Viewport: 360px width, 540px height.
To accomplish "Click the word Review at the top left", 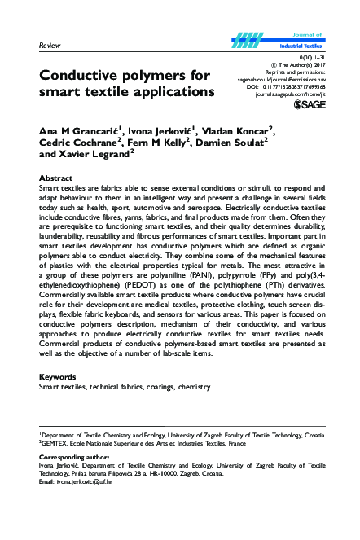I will [x=50, y=46].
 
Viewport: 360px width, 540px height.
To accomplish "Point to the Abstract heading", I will [x=57, y=178].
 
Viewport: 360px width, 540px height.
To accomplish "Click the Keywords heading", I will [x=59, y=377].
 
